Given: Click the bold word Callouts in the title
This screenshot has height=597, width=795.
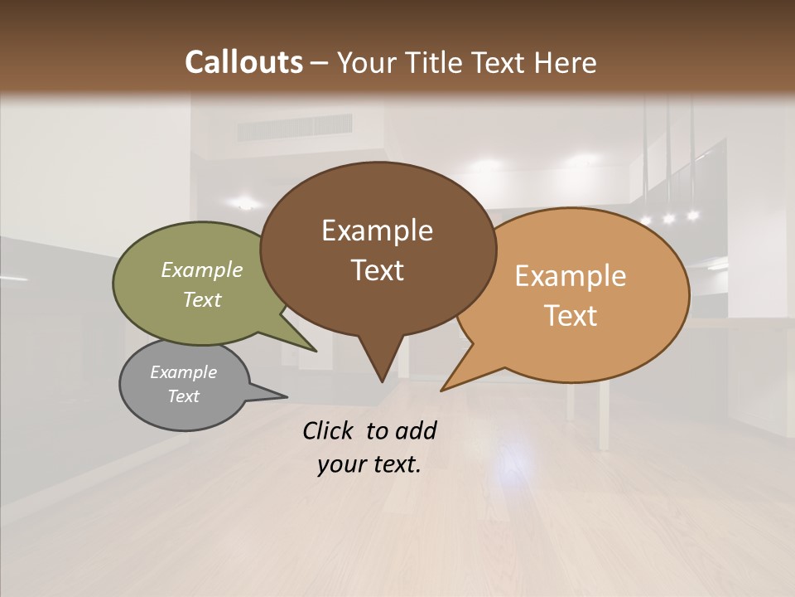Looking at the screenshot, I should pos(243,63).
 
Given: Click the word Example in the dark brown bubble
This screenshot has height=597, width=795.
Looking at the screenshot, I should pos(377,231).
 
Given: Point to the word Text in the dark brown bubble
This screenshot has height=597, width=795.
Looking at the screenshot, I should pos(378,270).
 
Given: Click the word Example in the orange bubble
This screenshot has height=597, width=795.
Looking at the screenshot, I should pos(571,276).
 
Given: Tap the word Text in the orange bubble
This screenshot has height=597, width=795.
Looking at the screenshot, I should pos(571,316).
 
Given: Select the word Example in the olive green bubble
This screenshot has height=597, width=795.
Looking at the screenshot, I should pos(202,269).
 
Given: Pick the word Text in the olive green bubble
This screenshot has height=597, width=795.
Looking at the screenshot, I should pos(202,299).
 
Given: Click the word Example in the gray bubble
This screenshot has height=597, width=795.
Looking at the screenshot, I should pos(184,372).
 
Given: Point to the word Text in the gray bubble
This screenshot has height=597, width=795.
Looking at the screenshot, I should pos(184,396).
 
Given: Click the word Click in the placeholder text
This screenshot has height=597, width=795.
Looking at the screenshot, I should pos(329,430).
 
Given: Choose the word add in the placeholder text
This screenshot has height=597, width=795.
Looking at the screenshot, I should pos(416,430).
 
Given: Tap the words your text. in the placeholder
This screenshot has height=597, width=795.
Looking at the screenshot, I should pos(369,465).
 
